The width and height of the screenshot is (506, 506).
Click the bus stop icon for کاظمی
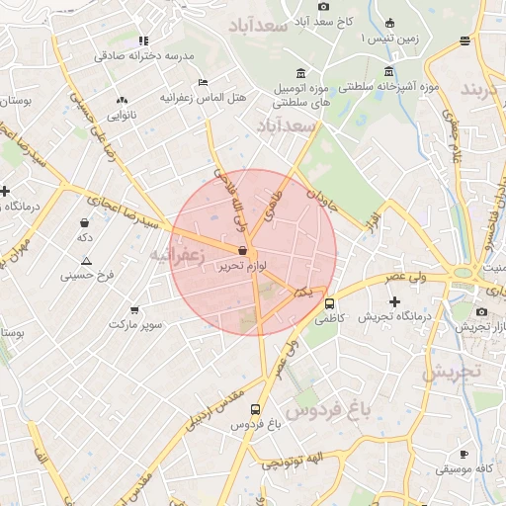[329, 303]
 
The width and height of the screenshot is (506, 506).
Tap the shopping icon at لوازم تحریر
[242, 251]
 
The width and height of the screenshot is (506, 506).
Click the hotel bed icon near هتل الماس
[203, 82]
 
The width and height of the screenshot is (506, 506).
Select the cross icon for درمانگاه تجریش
[395, 301]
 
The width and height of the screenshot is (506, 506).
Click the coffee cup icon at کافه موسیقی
[464, 454]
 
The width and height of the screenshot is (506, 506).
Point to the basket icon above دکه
[85, 222]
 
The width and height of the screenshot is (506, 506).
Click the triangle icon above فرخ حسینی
[86, 261]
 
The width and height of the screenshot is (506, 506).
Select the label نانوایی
[123, 115]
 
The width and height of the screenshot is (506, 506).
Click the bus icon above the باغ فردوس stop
[256, 409]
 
